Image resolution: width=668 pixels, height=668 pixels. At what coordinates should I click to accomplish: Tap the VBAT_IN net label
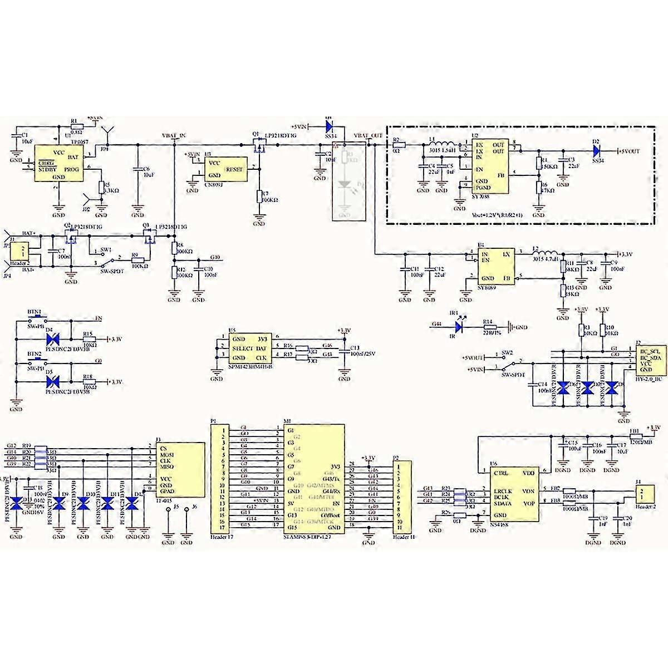[174, 136]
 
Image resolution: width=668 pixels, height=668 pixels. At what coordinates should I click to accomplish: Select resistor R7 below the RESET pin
[259, 196]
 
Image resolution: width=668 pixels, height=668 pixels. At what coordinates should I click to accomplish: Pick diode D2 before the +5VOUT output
[597, 150]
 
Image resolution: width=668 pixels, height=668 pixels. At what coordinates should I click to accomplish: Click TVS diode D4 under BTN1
[54, 338]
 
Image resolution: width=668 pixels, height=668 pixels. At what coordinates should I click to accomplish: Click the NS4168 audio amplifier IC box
[514, 494]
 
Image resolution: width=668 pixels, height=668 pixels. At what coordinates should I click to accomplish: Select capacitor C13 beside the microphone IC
[346, 352]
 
